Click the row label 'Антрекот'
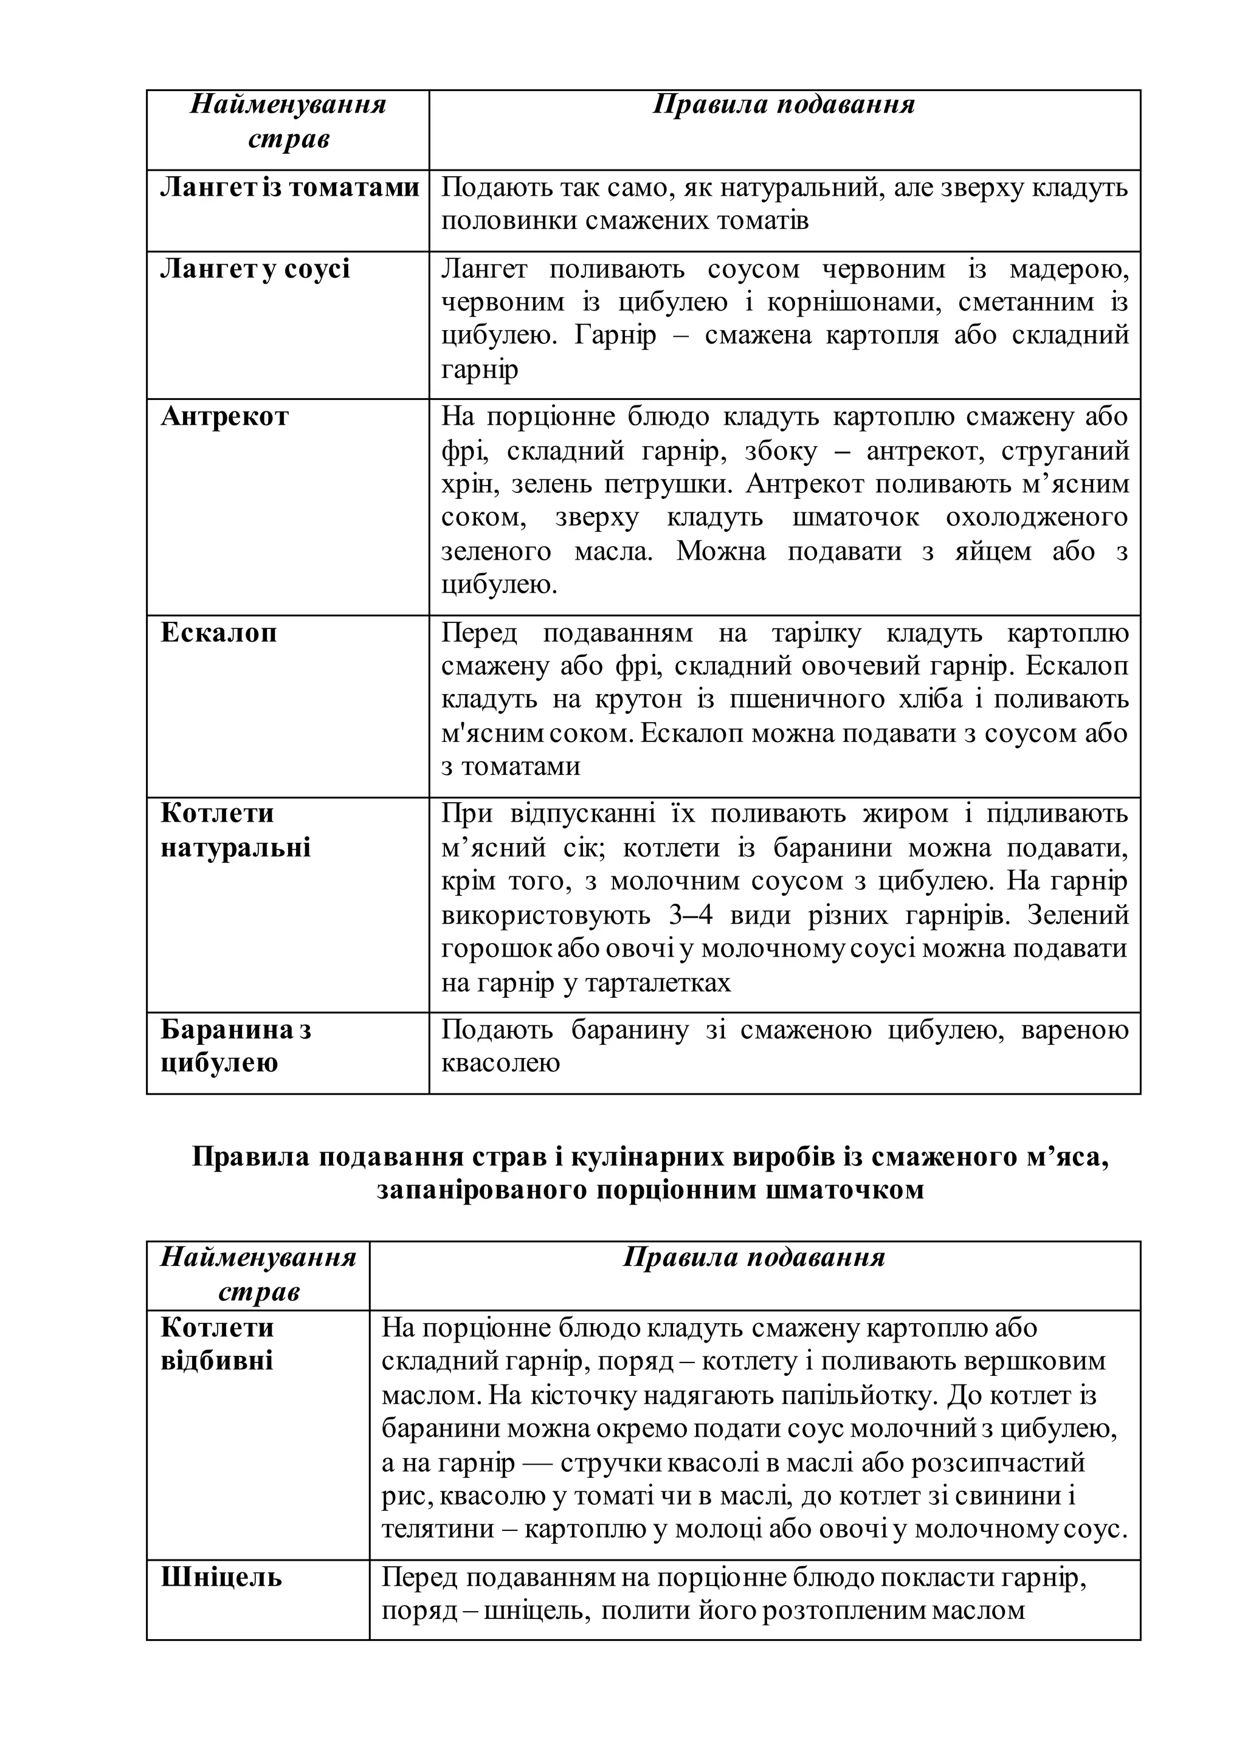pyautogui.click(x=224, y=416)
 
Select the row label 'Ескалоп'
pyautogui.click(x=218, y=633)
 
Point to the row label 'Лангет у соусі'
pyautogui.click(x=255, y=269)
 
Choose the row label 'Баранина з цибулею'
pyautogui.click(x=235, y=1045)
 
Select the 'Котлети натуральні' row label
pyautogui.click(x=235, y=830)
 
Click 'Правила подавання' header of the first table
pyautogui.click(x=784, y=105)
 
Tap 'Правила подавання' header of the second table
pyautogui.click(x=754, y=1257)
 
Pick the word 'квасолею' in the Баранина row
pyautogui.click(x=500, y=1062)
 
